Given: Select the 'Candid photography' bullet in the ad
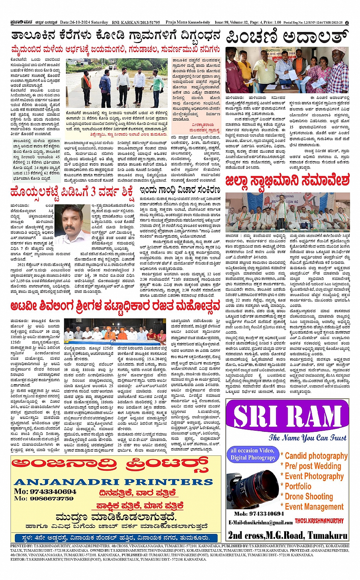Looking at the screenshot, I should pyautogui.click(x=316, y=456).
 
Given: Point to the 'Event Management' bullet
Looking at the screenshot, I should pyautogui.click(x=314, y=507).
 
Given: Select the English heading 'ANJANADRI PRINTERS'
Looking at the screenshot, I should pyautogui.click(x=113, y=482).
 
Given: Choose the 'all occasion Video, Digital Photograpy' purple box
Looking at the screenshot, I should pyautogui.click(x=253, y=454).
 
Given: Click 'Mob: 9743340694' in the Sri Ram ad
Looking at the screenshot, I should pyautogui.click(x=259, y=514).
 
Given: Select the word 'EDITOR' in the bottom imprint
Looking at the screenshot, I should pyautogui.click(x=16, y=559).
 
